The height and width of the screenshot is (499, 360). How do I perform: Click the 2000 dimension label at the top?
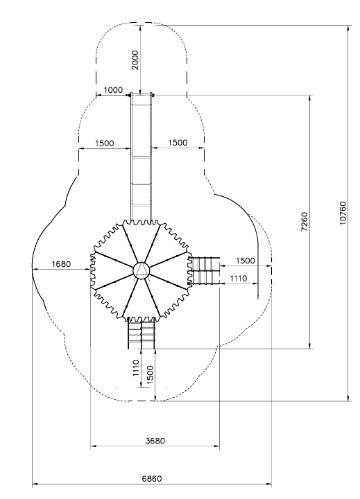tap(135, 60)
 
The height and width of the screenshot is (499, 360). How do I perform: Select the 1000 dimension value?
tap(113, 90)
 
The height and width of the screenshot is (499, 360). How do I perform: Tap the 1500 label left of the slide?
tap(105, 143)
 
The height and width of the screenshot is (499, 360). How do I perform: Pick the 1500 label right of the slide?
tap(178, 143)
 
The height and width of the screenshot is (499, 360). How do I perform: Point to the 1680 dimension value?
tap(61, 264)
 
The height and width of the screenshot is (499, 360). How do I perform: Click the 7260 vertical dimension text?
tap(305, 222)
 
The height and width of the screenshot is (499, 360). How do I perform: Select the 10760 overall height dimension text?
tap(343, 213)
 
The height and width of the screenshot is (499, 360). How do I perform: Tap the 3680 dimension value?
tap(155, 441)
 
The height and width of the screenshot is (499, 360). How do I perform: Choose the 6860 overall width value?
tap(152, 478)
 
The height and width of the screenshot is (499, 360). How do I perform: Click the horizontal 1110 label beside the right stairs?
tap(239, 279)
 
